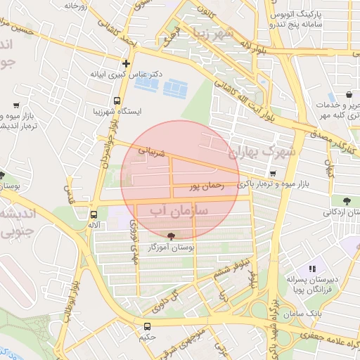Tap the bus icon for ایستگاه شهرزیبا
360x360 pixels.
click(116, 101)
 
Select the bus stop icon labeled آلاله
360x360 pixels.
click(94, 214)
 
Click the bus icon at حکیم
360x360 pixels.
click(147, 326)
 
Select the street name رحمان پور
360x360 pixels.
click(206, 187)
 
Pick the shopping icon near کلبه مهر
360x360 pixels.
click(349, 95)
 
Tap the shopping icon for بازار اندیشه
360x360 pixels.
click(15, 105)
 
